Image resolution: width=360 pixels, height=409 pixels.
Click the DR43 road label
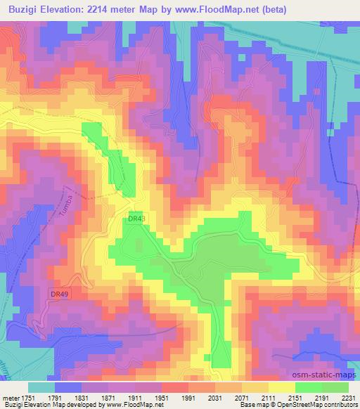pos(136,219)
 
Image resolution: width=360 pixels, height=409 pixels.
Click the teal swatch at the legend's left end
pos(41,387)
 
